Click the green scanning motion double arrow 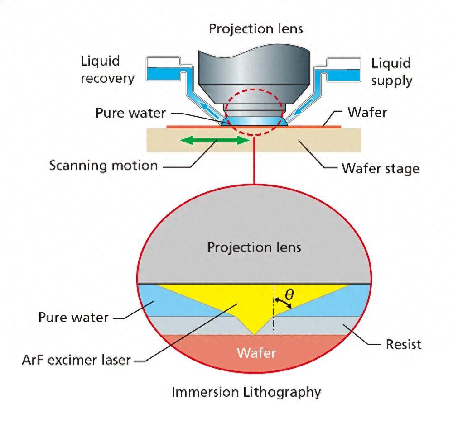point(215,140)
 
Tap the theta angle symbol point(289,295)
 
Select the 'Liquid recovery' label point(107,70)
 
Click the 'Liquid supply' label point(391,71)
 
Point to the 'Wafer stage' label point(380,169)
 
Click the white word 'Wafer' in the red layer point(256,352)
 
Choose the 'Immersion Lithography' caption point(246,392)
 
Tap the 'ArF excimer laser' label point(76,360)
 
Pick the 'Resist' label point(403,344)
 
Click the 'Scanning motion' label point(103,165)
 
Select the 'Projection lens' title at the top point(255,29)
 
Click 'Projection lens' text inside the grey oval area point(254,247)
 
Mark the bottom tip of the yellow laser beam point(255,334)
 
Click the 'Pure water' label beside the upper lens point(130,113)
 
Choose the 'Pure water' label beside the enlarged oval point(73,317)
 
